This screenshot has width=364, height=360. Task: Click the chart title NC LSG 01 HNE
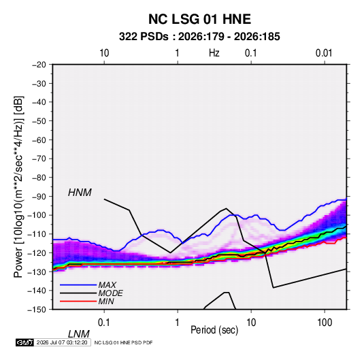[x=199, y=19]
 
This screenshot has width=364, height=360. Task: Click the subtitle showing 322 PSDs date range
[x=199, y=37]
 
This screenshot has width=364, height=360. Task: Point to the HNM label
[x=80, y=193]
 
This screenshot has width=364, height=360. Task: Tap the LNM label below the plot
[x=78, y=334]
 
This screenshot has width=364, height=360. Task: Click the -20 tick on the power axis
[x=39, y=65]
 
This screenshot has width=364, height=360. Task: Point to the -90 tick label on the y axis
[x=39, y=197]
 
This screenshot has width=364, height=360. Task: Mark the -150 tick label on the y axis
[x=37, y=310]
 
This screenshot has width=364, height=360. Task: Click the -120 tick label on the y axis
[x=37, y=252]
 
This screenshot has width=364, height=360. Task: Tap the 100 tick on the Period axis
[x=325, y=323]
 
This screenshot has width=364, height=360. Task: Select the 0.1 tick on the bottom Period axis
[x=104, y=323]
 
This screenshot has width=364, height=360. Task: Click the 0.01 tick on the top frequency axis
[x=324, y=53]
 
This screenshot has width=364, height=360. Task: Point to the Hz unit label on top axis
[x=214, y=53]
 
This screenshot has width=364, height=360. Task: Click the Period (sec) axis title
[x=214, y=330]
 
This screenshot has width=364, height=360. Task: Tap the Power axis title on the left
[x=18, y=186]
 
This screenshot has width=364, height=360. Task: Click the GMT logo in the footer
[x=25, y=342]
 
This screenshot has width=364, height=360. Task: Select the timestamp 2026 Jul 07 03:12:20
[x=62, y=342]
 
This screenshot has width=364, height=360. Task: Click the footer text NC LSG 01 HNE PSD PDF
[x=124, y=342]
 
